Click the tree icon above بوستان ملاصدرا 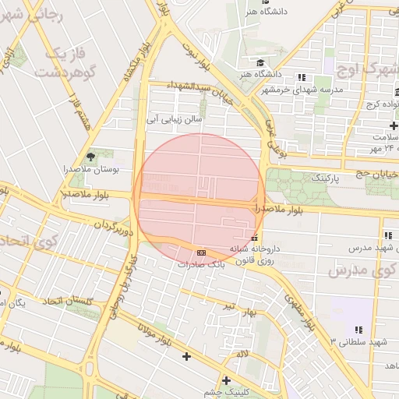pyautogui.click(x=92, y=157)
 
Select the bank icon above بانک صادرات pyautogui.click(x=202, y=252)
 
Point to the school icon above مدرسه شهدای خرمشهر pyautogui.click(x=300, y=77)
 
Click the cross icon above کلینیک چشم pyautogui.click(x=226, y=380)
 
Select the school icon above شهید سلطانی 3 pyautogui.click(x=358, y=330)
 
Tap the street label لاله pyautogui.click(x=243, y=354)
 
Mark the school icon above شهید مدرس pyautogui.click(x=387, y=235)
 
